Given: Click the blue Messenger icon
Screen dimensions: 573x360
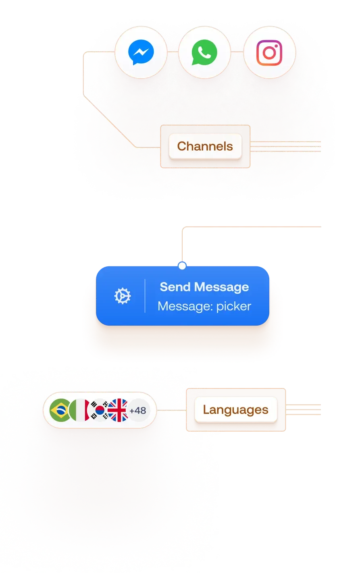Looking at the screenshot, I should [x=141, y=53].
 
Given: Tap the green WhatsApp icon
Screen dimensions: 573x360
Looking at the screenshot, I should [x=204, y=53].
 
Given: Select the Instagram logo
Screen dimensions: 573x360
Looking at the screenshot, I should [x=269, y=53].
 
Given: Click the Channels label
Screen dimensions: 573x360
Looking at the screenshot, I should [x=205, y=146].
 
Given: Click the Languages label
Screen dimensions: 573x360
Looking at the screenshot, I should [x=235, y=410].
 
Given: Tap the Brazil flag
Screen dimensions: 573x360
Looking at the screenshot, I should [x=60, y=410].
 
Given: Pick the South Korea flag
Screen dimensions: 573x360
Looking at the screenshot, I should [x=99, y=410].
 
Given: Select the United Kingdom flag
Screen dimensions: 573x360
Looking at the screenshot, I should [x=118, y=410].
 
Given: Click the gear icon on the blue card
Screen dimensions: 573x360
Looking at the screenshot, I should [x=122, y=297].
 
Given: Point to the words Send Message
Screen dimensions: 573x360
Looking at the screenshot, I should [x=204, y=287].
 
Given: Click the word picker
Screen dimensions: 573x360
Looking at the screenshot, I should [x=234, y=306].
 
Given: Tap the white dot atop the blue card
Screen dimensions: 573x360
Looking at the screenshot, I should [x=182, y=266].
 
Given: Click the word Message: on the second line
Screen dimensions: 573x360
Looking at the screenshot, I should [x=185, y=306].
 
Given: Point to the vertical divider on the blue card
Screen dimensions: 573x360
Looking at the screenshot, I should [x=145, y=296].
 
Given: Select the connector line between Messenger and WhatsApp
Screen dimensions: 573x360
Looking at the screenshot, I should [x=173, y=52].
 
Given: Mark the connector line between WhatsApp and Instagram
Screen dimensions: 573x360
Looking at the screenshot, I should [x=237, y=52].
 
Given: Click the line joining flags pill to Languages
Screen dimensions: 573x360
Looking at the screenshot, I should [x=171, y=410].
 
